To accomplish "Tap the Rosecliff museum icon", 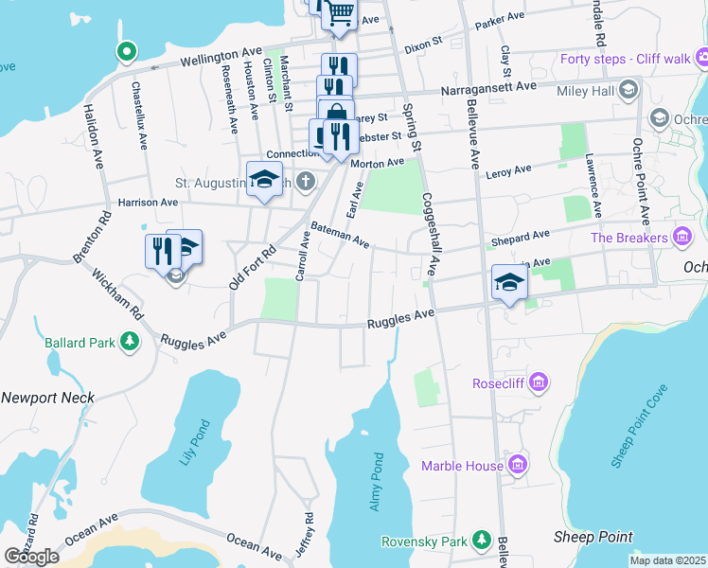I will coord(539,383).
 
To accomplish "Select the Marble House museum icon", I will coord(517,465).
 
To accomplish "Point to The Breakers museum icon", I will coord(682,237).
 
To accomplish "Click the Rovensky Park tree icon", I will coord(481,541).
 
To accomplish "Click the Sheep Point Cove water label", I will coord(641,425).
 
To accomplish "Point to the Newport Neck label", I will coord(47,398).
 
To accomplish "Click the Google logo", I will coord(31,556).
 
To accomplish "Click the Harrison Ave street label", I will coord(148,202).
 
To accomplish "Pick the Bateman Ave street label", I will coord(340,235).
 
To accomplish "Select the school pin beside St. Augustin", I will coord(265,178).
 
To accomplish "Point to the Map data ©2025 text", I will coord(666,560).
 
